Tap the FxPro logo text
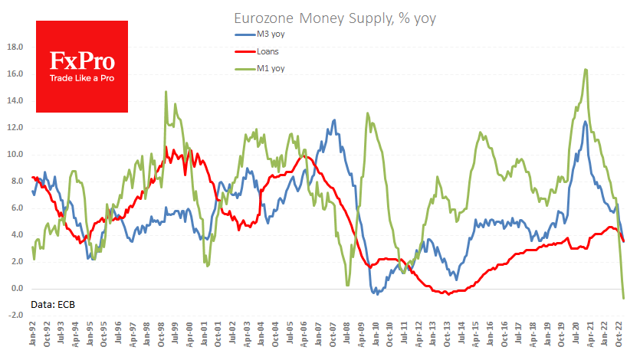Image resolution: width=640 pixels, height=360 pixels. (81, 61)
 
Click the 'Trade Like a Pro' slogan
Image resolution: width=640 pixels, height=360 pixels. (81, 78)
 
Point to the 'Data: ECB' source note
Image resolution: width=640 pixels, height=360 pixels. (54, 305)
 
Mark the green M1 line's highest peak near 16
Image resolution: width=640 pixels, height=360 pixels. (586, 70)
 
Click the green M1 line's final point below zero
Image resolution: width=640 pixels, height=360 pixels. (624, 298)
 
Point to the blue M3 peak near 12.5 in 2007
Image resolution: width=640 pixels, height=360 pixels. (333, 120)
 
